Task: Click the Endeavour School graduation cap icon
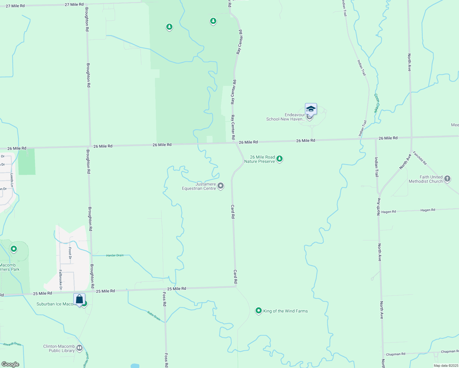click(311, 109)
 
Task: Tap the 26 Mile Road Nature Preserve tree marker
click(279, 159)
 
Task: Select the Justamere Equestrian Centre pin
click(220, 186)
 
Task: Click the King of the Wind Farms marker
click(259, 311)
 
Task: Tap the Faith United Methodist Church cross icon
click(447, 178)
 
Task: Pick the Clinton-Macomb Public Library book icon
click(79, 348)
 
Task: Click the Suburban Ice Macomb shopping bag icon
click(79, 299)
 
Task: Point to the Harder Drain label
click(115, 255)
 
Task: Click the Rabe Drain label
click(154, 316)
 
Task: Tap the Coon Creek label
click(377, 103)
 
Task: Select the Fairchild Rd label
click(419, 158)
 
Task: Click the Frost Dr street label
click(70, 253)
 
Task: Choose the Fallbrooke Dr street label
click(60, 280)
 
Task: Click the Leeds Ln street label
click(12, 180)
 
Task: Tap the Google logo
click(10, 364)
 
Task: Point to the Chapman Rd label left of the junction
click(395, 354)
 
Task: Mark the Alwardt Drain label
click(12, 344)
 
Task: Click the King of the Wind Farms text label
click(285, 311)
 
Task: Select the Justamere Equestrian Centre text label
click(199, 186)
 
